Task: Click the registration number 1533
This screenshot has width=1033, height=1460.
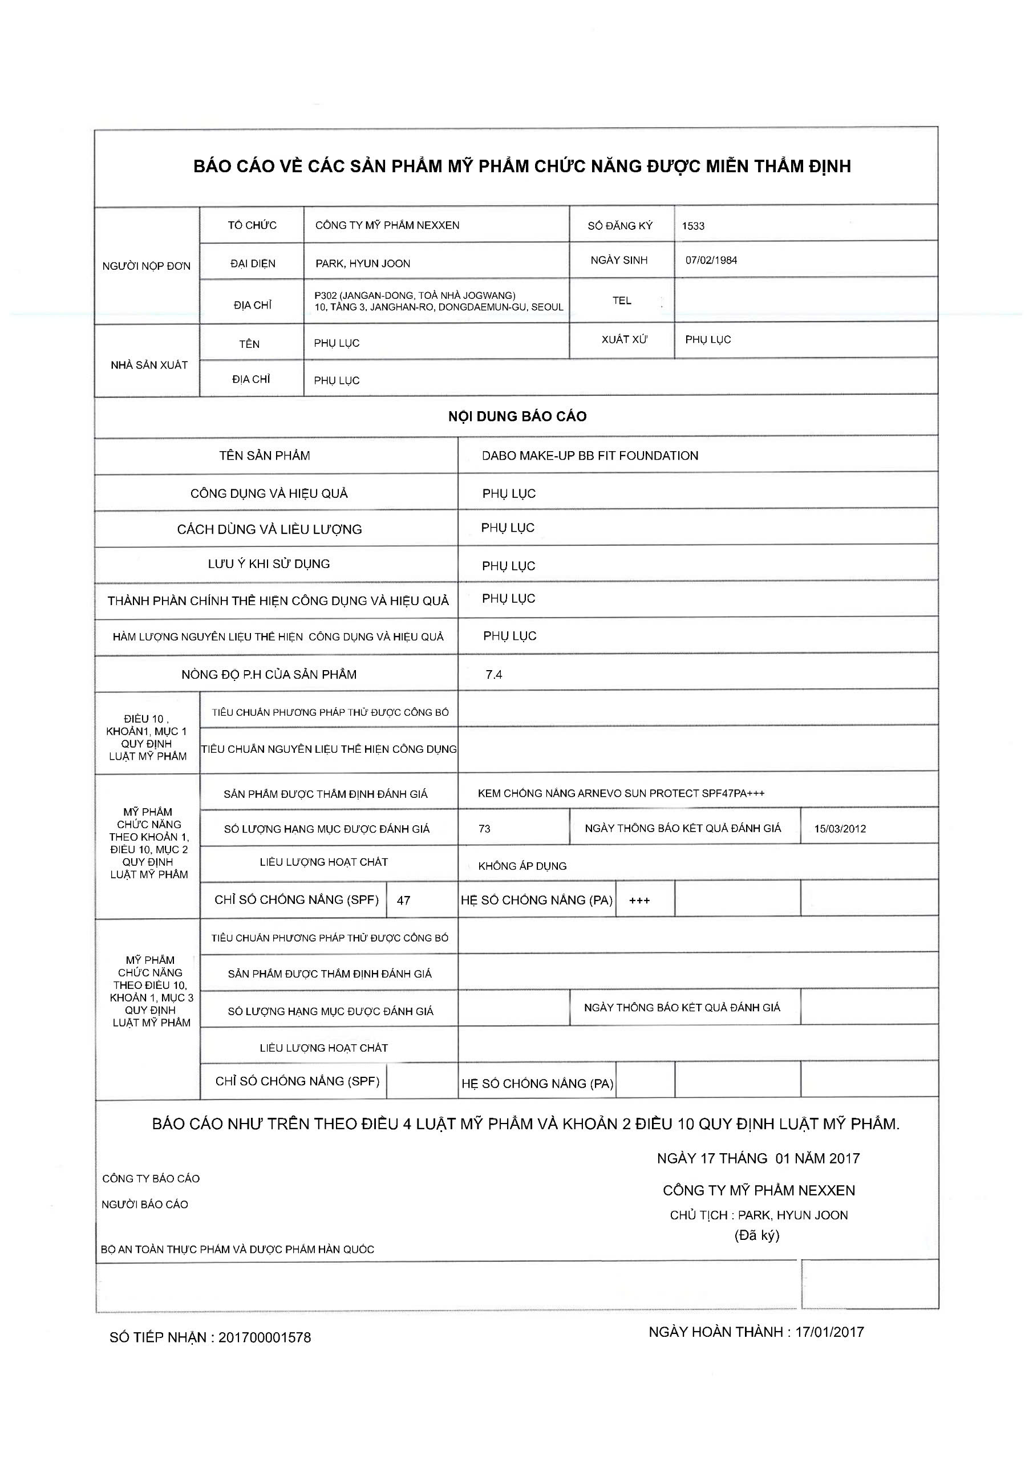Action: (x=692, y=226)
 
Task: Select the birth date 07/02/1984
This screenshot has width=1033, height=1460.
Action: (x=711, y=260)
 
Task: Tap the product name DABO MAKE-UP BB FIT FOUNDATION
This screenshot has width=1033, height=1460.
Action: (x=590, y=455)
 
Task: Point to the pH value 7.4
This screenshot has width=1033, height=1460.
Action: (x=493, y=675)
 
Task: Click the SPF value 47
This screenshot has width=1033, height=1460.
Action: (x=403, y=901)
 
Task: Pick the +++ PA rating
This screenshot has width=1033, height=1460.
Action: (x=639, y=901)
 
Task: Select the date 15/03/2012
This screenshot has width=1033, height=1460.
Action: (x=840, y=829)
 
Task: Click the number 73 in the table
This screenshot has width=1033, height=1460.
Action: (x=484, y=829)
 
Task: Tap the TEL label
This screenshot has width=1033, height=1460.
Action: (x=621, y=301)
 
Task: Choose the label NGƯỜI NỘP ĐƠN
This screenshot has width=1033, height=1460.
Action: (x=146, y=266)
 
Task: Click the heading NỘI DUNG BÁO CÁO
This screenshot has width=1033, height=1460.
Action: (x=517, y=416)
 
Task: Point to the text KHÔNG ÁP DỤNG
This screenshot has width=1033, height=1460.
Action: (x=522, y=866)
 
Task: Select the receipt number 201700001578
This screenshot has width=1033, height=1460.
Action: (x=265, y=1337)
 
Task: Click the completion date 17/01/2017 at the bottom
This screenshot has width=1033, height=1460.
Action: (x=829, y=1332)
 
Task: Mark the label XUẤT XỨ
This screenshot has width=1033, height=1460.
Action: (x=624, y=339)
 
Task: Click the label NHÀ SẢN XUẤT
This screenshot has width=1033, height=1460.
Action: (x=149, y=365)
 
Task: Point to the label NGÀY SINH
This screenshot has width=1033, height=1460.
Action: (x=619, y=260)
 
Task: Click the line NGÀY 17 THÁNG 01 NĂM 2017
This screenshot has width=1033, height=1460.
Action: (x=758, y=1158)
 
